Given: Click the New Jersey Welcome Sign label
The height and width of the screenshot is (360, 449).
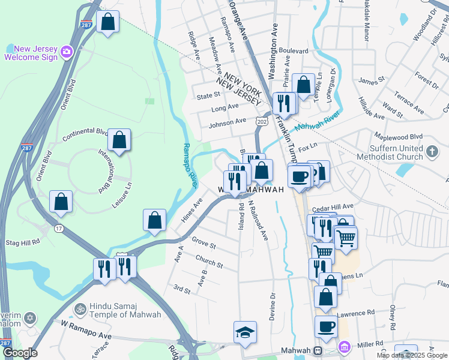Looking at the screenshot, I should coord(31,53).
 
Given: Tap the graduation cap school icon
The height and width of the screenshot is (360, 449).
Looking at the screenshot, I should coord(245,332).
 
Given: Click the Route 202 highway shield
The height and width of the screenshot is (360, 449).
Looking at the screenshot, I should coord(261,121).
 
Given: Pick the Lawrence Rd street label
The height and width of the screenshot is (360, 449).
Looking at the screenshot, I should coord(355,313).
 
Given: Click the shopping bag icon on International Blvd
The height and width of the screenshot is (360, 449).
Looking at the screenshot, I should coord(119,140).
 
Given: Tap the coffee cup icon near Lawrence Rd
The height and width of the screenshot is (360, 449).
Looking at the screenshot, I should coord(326,327).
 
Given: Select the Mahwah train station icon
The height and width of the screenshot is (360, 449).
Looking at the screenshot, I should coord(319,350).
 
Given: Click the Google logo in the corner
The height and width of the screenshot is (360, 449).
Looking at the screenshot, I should coord(20,353).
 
